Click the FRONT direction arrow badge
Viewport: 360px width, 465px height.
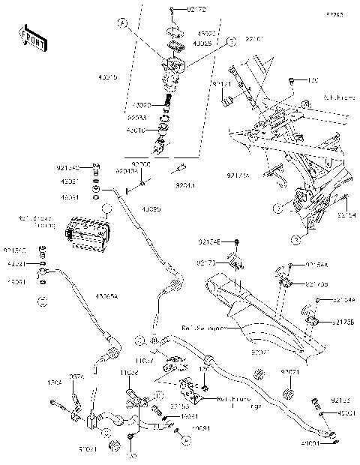coord(28,35)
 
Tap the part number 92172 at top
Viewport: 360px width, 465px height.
coord(183,9)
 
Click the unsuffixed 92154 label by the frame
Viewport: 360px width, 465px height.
coord(346,215)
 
